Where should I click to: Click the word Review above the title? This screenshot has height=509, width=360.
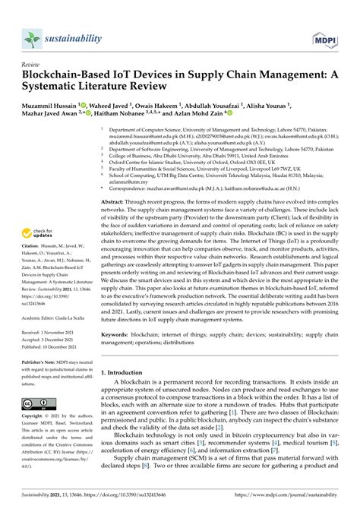coord(31,65)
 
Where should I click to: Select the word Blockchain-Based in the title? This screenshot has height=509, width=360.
coord(73,78)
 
